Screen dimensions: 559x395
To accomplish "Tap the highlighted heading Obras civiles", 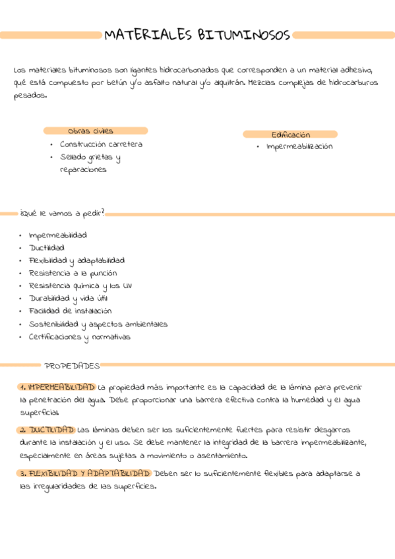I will (x=90, y=131).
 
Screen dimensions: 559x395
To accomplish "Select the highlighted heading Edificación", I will (x=290, y=134).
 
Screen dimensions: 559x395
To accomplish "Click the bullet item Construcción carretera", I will (x=100, y=144).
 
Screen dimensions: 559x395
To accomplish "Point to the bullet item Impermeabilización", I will (x=299, y=146).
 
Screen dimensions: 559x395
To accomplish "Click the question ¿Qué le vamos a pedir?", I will (x=63, y=214).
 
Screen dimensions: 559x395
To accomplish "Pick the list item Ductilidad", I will (x=47, y=248).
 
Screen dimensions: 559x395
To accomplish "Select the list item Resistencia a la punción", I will (x=73, y=273).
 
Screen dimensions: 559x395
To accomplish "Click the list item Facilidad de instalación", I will (x=71, y=310).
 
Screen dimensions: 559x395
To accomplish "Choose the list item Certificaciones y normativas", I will (x=80, y=337).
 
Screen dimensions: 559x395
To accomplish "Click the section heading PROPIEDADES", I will (x=72, y=365).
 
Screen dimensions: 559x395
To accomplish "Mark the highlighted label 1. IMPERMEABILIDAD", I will (x=57, y=387).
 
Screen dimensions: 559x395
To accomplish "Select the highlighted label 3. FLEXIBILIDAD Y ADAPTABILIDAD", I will (x=85, y=473).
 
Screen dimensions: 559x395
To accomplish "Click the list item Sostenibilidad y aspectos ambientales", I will (x=98, y=324).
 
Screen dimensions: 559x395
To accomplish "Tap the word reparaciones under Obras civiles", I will (x=82, y=170).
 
